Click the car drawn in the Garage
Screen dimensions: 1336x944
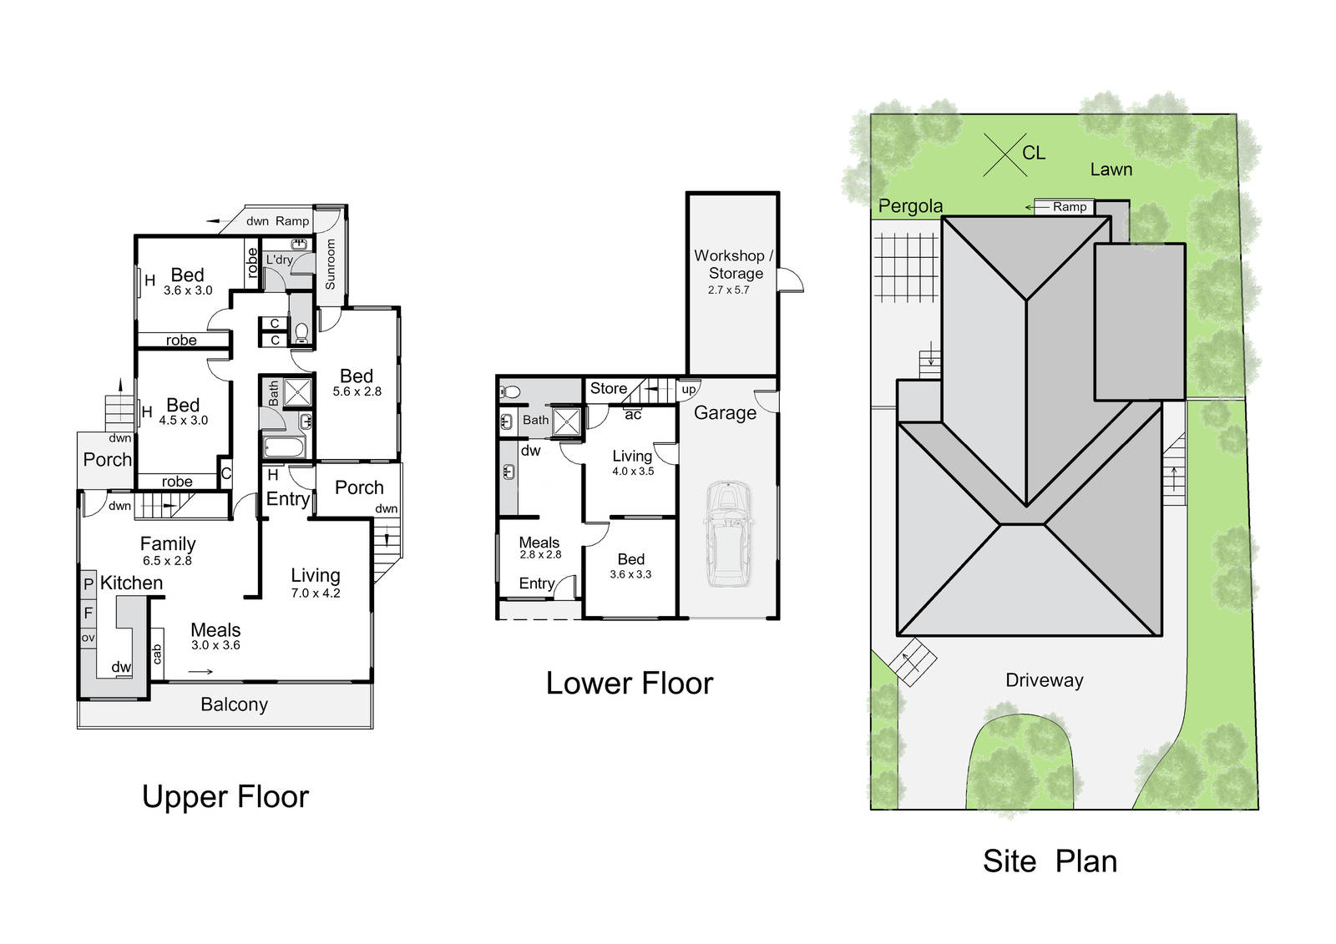(x=728, y=533)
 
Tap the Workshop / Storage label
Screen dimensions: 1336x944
(x=733, y=265)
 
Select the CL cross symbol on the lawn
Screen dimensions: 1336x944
(x=1005, y=155)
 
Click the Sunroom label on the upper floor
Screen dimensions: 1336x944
(x=330, y=265)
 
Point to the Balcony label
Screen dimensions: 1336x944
(x=234, y=704)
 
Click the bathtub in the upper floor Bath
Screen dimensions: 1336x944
(x=285, y=447)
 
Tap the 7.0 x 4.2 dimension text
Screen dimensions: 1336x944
(x=316, y=593)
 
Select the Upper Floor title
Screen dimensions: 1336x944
(x=225, y=797)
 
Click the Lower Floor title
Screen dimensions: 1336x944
(x=630, y=684)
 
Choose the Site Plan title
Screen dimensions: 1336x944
(x=1050, y=861)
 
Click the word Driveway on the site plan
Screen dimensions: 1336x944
(x=1045, y=680)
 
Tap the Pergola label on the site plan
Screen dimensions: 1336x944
(x=910, y=206)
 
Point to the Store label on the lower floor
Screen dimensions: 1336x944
(x=609, y=388)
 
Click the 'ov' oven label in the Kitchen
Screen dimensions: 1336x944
(x=89, y=638)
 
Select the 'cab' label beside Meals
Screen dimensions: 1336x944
(x=157, y=654)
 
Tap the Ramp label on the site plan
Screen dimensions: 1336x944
(x=1070, y=207)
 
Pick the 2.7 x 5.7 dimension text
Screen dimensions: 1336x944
(x=728, y=290)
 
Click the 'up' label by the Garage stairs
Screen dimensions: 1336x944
(x=689, y=390)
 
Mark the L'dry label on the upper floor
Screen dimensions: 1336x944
(x=279, y=260)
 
